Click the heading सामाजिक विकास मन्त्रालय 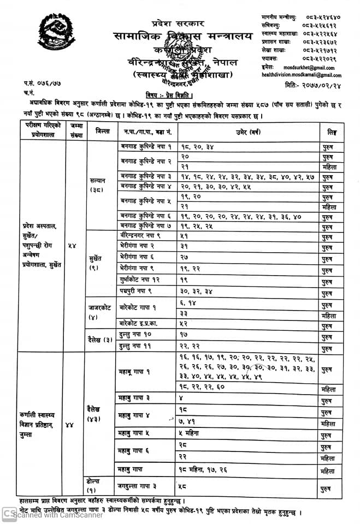pos(184,37)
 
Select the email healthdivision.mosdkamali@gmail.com pos(302,75)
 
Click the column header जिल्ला pos(102,131)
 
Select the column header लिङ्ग pos(332,132)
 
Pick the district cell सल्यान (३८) pos(101,184)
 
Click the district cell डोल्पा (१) pos(93,485)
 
